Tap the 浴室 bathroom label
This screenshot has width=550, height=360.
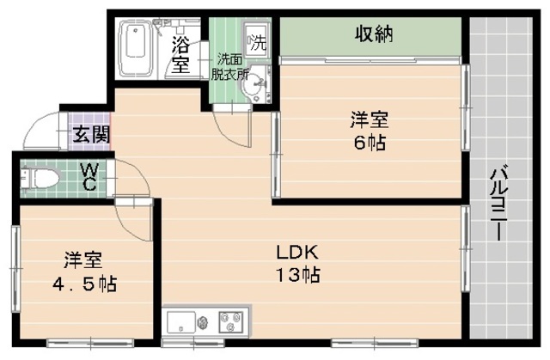click(180, 53)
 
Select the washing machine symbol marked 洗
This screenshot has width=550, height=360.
click(256, 40)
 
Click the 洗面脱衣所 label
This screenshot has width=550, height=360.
click(231, 66)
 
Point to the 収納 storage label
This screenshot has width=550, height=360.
click(374, 35)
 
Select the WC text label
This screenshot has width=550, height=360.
click(89, 178)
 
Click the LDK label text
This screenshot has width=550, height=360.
click(297, 253)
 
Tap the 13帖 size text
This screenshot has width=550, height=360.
click(298, 277)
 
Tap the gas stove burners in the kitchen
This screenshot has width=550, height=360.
click(229, 324)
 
